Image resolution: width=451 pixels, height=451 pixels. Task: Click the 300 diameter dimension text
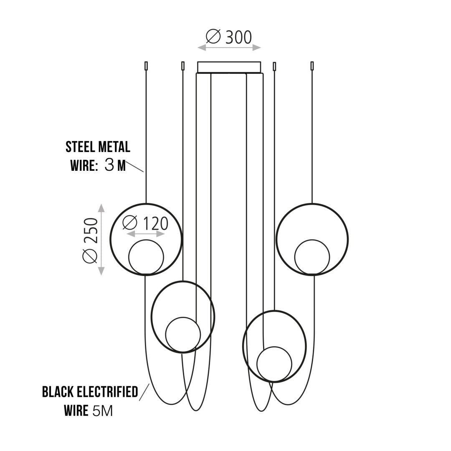(229, 37)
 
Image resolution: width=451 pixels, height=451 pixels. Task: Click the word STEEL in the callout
(80, 147)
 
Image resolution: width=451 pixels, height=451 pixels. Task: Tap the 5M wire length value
(103, 411)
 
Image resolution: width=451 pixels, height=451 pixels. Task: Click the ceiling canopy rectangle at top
(229, 67)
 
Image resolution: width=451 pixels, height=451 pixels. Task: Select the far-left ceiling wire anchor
(146, 66)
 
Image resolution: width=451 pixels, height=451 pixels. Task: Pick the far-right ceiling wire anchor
(312, 66)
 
